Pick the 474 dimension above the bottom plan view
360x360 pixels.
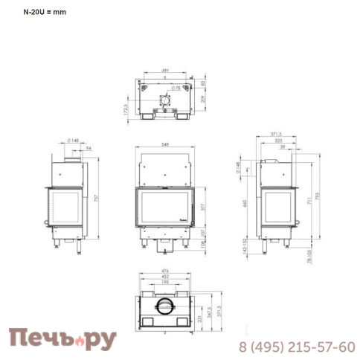pyautogui.click(x=164, y=271)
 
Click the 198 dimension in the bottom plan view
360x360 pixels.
pyautogui.click(x=164, y=283)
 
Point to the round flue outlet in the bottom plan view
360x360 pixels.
pyautogui.click(x=164, y=306)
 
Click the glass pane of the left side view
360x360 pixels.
pyautogui.click(x=65, y=208)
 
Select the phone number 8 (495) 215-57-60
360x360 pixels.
pyautogui.click(x=296, y=347)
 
